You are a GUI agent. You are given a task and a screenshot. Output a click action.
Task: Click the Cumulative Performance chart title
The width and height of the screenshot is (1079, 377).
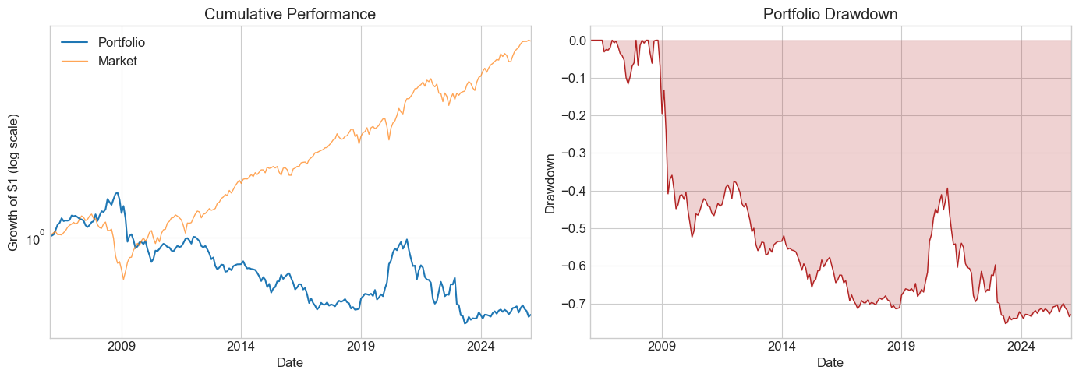[x=290, y=14]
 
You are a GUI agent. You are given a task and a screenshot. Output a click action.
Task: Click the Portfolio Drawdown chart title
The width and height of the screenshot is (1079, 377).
[x=830, y=14]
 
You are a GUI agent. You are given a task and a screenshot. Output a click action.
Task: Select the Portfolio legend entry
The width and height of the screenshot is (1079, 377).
[x=122, y=42]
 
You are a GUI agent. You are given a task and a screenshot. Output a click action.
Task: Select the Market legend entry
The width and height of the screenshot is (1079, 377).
[x=117, y=61]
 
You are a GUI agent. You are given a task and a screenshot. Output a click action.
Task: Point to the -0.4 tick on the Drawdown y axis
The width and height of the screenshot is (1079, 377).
[x=571, y=191]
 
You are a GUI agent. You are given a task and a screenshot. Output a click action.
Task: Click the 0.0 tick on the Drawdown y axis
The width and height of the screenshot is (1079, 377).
[x=574, y=41]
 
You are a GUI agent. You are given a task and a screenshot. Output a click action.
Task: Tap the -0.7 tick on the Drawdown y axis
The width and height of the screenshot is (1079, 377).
[x=571, y=304]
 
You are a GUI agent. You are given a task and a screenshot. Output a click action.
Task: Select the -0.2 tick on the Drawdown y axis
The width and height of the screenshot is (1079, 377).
[x=571, y=115]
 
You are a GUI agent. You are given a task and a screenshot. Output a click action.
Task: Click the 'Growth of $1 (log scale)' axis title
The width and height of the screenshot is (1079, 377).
[x=14, y=182]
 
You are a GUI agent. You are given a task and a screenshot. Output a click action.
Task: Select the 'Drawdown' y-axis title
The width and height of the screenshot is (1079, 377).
[x=550, y=182]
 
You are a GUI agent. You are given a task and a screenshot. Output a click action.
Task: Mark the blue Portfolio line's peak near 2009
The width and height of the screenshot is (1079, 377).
[x=117, y=192]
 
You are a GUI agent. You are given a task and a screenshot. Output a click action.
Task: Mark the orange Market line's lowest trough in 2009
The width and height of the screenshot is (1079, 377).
[x=122, y=279]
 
